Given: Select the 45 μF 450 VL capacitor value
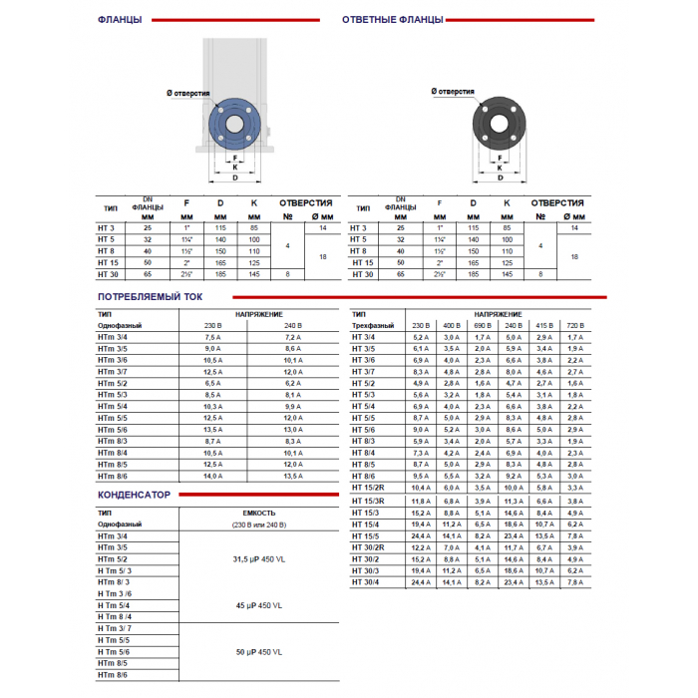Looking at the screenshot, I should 258,605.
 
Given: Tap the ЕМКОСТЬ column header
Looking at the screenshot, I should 258,512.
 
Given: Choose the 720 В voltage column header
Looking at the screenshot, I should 575,326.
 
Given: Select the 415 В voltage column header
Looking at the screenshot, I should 544,326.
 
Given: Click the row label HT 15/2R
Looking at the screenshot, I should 369,489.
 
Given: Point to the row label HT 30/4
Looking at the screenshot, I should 365,581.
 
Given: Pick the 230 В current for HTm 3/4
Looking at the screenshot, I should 212,338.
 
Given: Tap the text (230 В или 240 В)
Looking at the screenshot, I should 258,524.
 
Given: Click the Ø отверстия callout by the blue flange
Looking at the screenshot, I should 188,92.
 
